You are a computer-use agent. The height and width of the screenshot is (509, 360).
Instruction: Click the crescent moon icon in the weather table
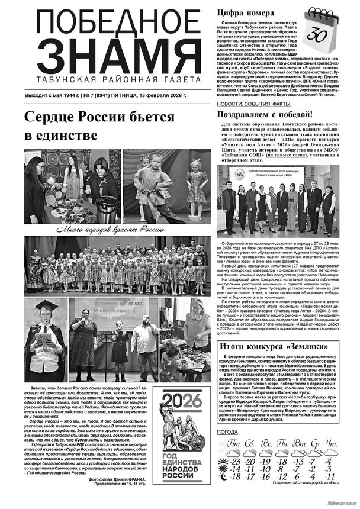223,468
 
